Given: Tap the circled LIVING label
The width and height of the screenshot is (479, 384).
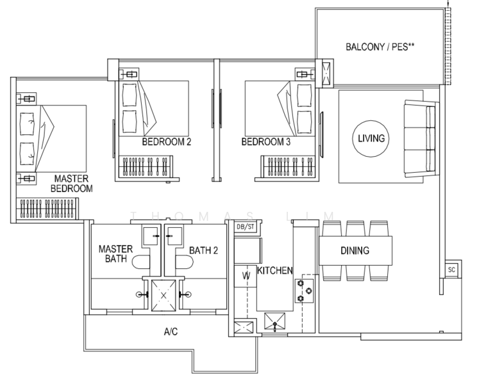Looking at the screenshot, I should tap(371, 138).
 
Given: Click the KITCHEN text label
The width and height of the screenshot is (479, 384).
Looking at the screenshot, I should tap(275, 271).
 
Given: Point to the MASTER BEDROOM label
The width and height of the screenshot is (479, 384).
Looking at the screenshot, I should tap(73, 183).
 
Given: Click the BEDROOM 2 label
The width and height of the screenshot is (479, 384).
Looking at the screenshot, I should tap(167, 142).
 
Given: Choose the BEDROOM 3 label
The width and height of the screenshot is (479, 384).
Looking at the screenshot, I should tap(265, 142).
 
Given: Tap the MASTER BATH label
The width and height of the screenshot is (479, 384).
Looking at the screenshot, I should tap(115, 254).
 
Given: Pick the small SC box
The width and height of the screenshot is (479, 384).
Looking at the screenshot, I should tap(452, 269).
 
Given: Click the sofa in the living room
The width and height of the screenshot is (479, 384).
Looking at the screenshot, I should tap(419, 138).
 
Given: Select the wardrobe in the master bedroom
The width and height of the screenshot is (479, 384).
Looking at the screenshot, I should tap(47, 209).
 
